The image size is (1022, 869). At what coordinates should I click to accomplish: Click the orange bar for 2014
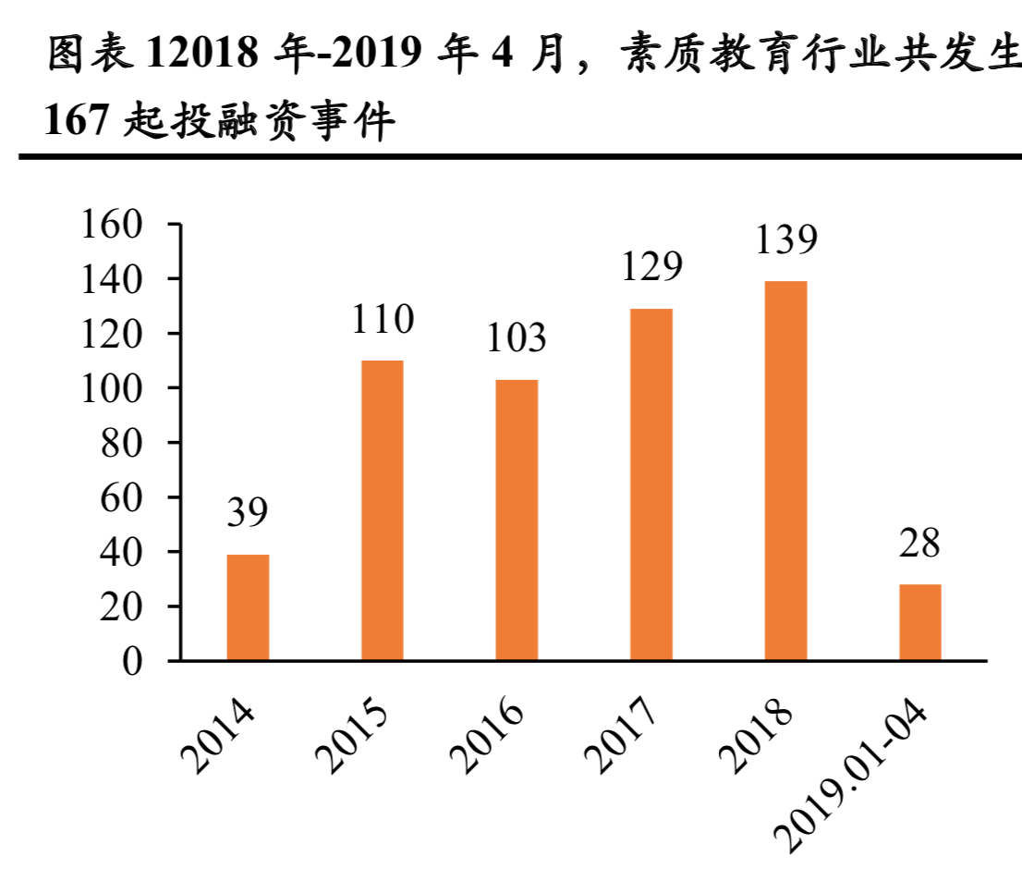coord(248,607)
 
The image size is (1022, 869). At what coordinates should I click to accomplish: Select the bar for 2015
coord(382,510)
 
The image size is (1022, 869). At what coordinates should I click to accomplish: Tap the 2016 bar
coord(517,520)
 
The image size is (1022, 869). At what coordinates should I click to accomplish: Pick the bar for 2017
coord(651,484)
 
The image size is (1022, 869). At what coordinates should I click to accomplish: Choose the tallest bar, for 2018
coord(785,471)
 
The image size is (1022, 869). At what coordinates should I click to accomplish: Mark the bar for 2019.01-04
coord(919,622)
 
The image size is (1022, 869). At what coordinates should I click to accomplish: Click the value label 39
coord(247,514)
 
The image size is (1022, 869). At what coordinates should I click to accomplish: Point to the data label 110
coord(382,320)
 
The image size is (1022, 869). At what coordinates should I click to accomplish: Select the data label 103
coord(517,338)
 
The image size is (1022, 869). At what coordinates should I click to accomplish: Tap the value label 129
coord(651,267)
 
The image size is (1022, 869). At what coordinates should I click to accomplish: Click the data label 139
coord(785,239)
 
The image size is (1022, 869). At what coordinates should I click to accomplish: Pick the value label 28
coord(919,544)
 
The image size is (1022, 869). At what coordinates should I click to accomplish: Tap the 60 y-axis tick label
coord(122,497)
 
